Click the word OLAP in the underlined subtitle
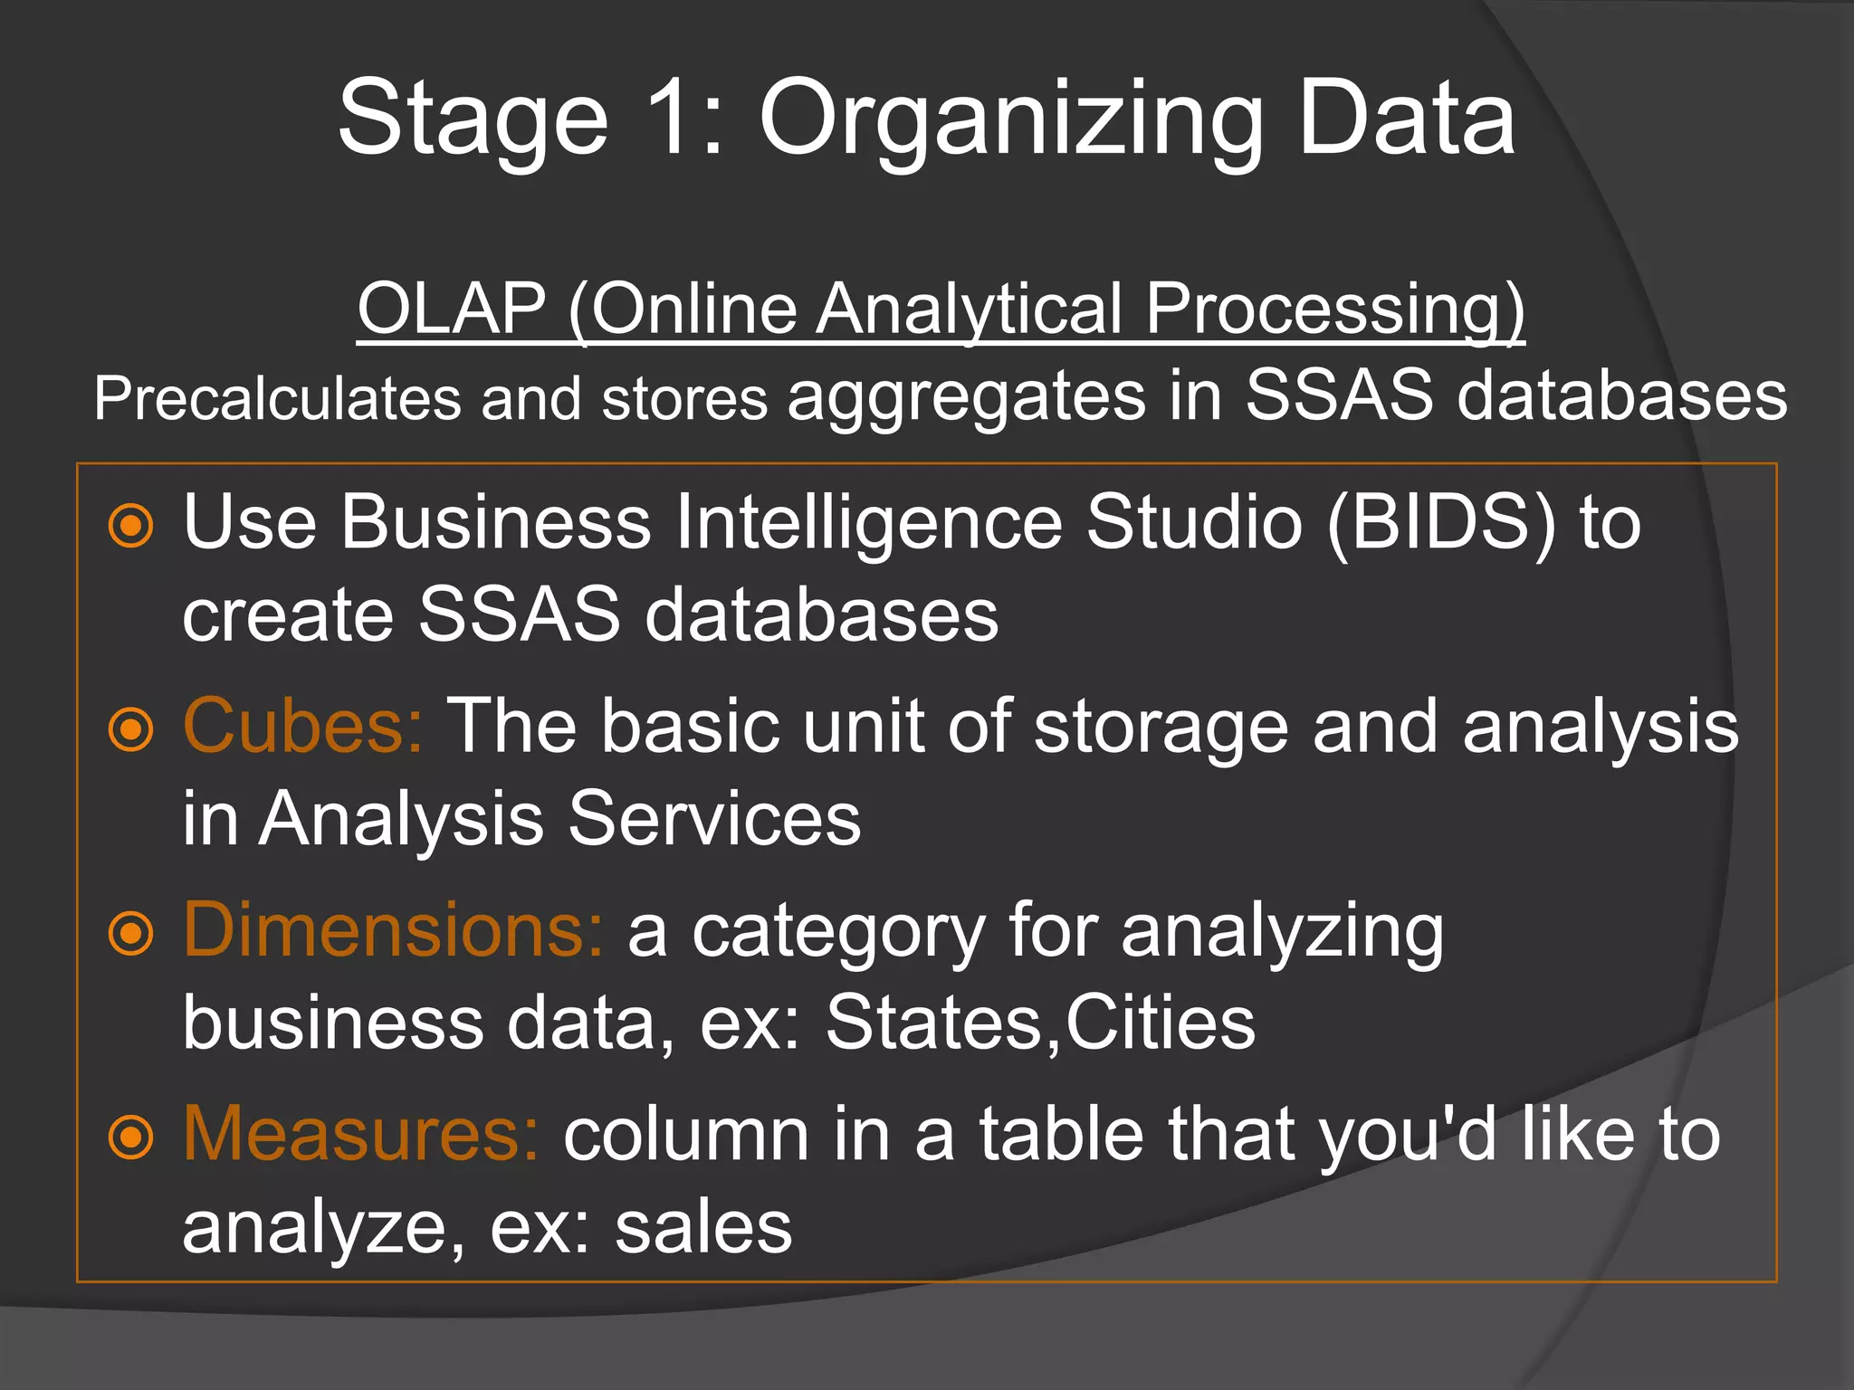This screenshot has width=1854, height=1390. (451, 309)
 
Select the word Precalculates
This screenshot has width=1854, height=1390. (277, 398)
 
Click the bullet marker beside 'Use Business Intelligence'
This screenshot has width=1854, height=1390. (131, 526)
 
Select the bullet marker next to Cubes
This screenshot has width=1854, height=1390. (131, 729)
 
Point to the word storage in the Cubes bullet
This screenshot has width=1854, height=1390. (1161, 727)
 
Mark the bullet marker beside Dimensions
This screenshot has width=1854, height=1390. (131, 934)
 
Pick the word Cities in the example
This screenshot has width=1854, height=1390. (1161, 1023)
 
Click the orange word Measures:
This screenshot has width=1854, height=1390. (360, 1135)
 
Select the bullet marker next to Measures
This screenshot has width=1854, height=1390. (131, 1138)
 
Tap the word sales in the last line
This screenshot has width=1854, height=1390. (703, 1228)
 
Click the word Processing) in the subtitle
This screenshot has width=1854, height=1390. (1334, 310)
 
